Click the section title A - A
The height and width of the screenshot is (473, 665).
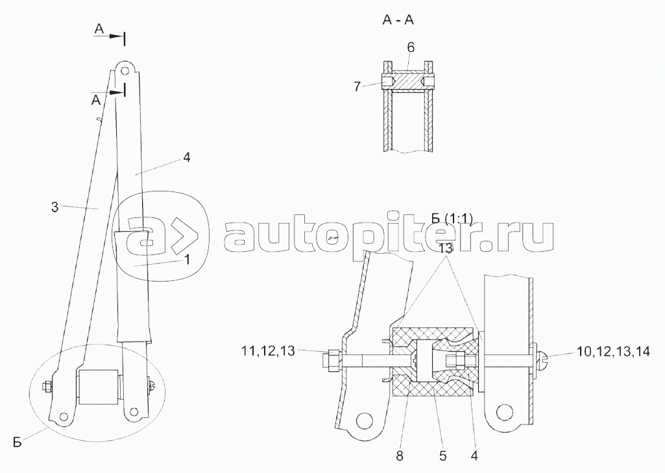pyautogui.click(x=398, y=20)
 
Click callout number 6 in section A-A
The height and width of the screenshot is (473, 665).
pyautogui.click(x=411, y=47)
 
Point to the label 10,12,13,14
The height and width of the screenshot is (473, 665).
pyautogui.click(x=614, y=351)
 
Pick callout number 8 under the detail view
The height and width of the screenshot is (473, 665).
pyautogui.click(x=400, y=455)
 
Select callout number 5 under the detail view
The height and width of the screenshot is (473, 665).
pyautogui.click(x=443, y=455)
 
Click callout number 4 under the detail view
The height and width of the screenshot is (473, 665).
pyautogui.click(x=475, y=455)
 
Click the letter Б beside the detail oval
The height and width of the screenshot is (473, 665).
pyautogui.click(x=18, y=443)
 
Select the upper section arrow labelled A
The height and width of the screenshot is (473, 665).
pyautogui.click(x=99, y=29)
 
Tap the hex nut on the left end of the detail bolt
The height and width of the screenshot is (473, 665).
pyautogui.click(x=330, y=358)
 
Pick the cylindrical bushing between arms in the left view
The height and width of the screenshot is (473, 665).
pyautogui.click(x=98, y=388)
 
